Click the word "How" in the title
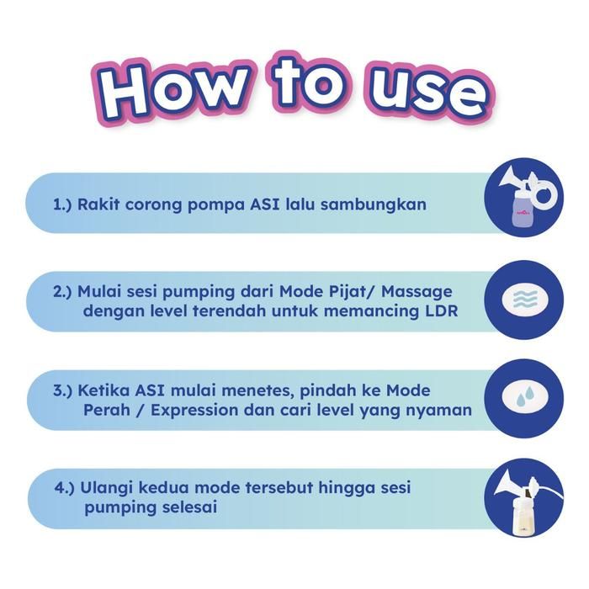[172, 91]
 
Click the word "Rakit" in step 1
[98, 204]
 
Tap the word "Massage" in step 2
[417, 292]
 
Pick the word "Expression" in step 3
[194, 411]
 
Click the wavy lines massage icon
[525, 300]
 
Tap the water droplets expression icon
[525, 397]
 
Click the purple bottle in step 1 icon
[523, 211]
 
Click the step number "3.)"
[62, 391]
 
